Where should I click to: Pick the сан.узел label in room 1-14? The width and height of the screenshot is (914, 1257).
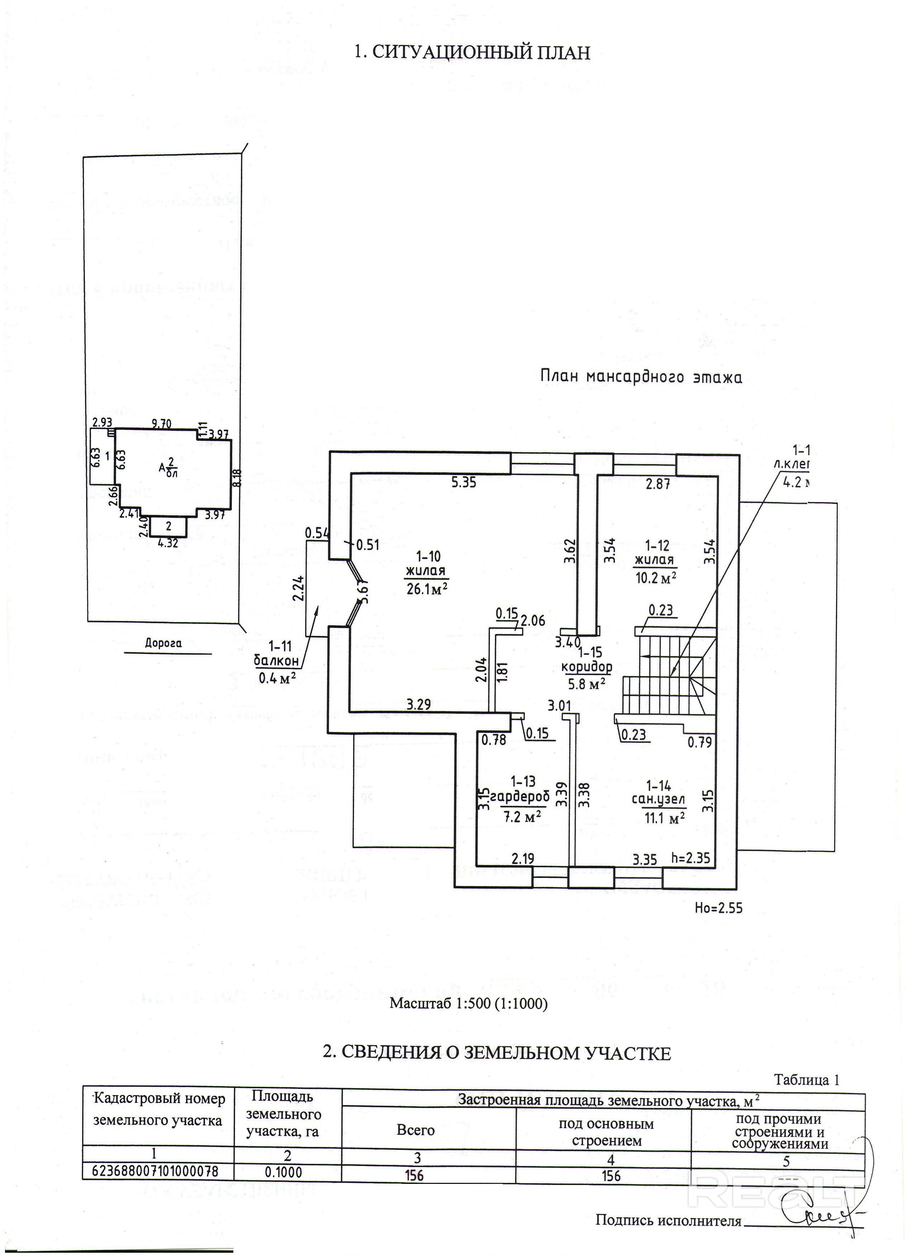point(658,800)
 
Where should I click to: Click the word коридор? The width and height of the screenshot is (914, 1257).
point(586,667)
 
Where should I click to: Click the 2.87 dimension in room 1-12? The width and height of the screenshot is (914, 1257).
point(658,483)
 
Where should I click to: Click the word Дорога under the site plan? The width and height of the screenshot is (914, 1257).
point(163,644)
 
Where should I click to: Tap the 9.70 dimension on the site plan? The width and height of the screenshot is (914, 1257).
point(162,424)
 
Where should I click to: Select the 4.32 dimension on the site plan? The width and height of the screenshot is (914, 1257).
point(168,543)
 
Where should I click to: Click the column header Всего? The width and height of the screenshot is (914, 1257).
point(416,1130)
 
